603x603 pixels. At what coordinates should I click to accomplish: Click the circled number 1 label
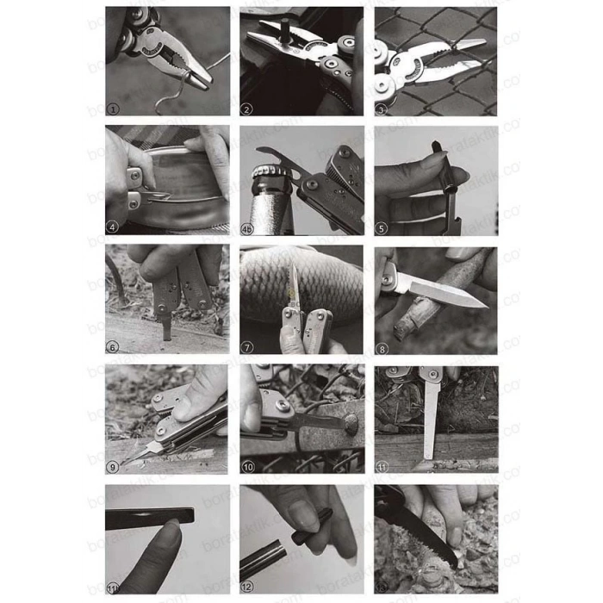click(113, 109)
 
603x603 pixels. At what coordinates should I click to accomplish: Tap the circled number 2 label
click(246, 109)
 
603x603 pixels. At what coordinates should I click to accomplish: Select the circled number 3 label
click(382, 109)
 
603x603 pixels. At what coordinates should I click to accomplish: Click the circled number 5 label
click(382, 227)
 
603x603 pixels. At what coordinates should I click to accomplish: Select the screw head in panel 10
click(351, 425)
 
